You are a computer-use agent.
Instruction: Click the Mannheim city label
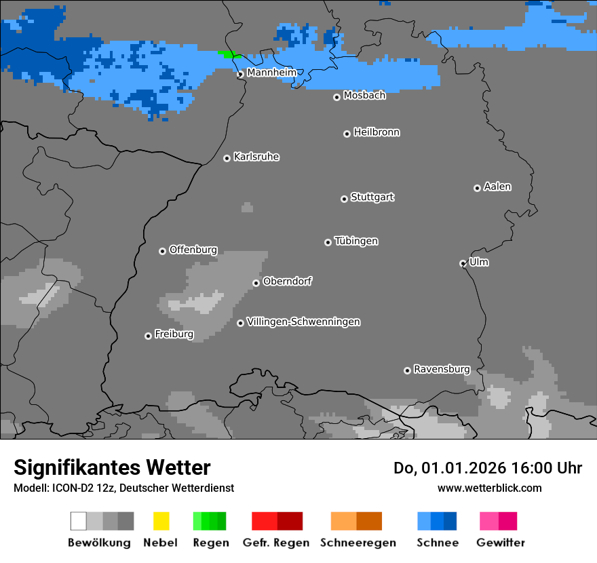[x=271, y=73]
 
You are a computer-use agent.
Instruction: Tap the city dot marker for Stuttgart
[x=344, y=199]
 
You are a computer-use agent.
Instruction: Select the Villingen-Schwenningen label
[x=303, y=322]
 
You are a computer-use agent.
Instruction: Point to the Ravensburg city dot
[x=407, y=370]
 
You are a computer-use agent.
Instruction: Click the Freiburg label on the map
[x=174, y=334]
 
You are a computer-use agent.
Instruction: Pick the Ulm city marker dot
[x=463, y=263]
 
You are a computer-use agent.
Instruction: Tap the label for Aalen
[x=497, y=187]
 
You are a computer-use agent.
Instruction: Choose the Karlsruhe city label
[x=256, y=157]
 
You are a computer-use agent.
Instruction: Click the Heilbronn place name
[x=377, y=132]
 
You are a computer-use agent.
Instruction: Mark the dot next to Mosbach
[x=336, y=97]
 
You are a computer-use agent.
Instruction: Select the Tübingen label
[x=356, y=241]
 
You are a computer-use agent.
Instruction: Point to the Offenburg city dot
[x=162, y=251]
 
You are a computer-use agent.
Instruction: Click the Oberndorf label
[x=287, y=281]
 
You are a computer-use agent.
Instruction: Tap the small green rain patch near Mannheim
[x=229, y=54]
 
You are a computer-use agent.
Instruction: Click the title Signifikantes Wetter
[x=112, y=467]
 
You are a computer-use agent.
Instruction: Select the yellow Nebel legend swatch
[x=161, y=521]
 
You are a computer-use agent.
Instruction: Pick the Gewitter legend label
[x=500, y=543]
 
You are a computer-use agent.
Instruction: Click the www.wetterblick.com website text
[x=489, y=488]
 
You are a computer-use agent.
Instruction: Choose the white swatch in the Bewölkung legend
[x=78, y=521]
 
